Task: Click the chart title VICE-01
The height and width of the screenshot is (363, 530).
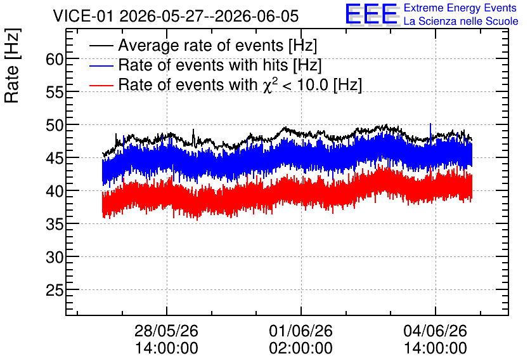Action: [x=82, y=16]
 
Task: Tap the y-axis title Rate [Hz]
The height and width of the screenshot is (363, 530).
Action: [x=12, y=65]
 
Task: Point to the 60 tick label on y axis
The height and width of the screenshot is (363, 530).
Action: [x=55, y=60]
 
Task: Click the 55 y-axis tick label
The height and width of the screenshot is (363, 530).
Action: [x=55, y=92]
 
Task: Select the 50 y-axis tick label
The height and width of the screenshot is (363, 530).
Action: [x=55, y=126]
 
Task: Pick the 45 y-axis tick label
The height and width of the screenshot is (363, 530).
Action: [x=55, y=158]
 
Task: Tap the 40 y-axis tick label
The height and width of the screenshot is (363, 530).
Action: [x=55, y=192]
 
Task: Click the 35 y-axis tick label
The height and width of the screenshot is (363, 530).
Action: [x=55, y=224]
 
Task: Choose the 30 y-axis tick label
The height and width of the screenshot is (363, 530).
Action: [x=55, y=258]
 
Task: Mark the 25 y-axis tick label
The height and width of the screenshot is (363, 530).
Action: [x=55, y=290]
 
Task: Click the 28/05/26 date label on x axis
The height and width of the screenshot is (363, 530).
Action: [x=166, y=331]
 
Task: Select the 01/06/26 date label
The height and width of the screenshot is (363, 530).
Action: [x=301, y=331]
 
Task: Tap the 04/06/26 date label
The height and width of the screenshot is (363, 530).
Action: [x=436, y=331]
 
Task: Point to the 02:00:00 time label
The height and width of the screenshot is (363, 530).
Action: [x=301, y=348]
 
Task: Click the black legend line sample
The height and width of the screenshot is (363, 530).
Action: [x=101, y=46]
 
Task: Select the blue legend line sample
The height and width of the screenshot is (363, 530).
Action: [x=101, y=65]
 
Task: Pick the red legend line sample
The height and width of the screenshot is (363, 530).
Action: [x=101, y=85]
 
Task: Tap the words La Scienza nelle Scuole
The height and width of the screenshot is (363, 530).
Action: [x=461, y=22]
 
